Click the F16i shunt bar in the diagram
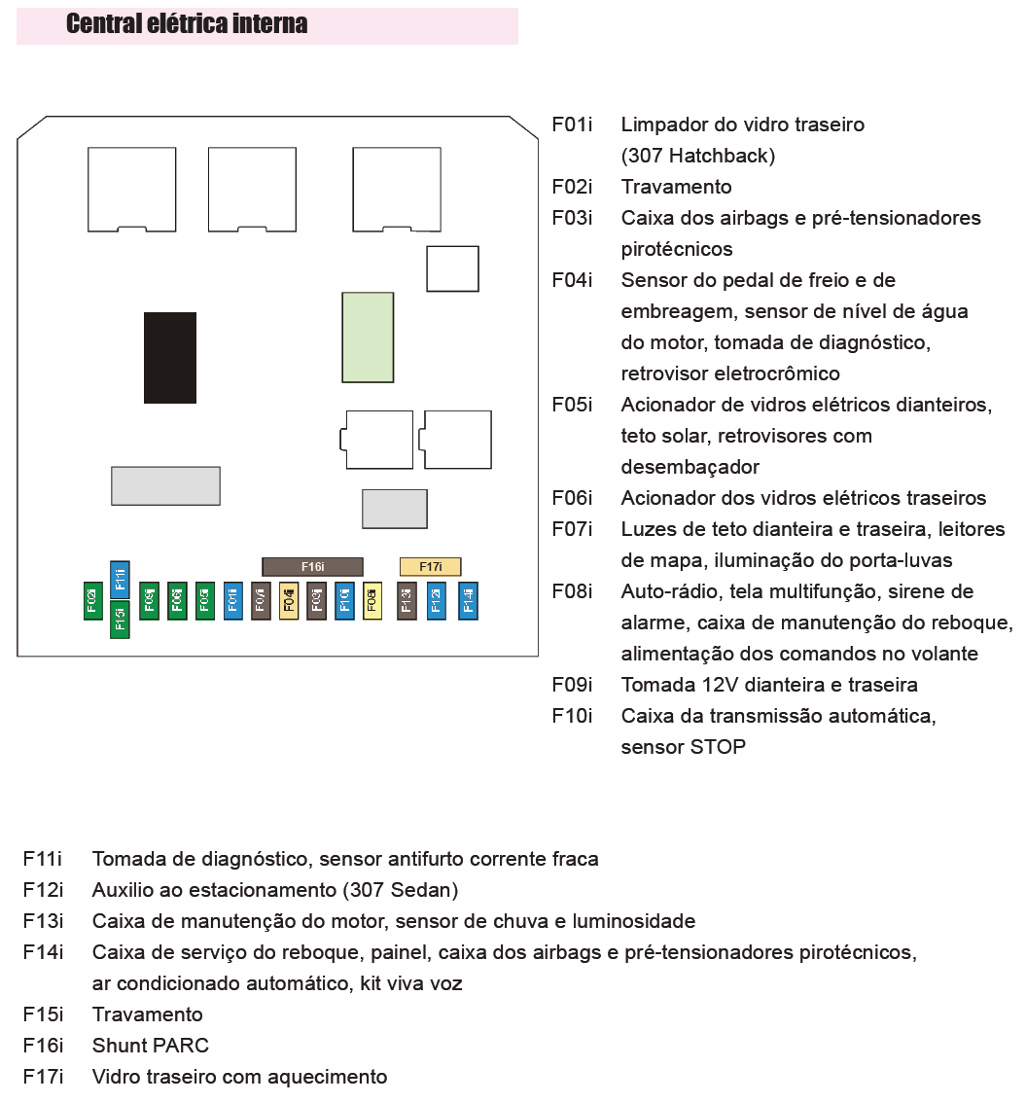[x=312, y=566]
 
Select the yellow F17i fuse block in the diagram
[x=430, y=566]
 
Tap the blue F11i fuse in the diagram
[x=120, y=580]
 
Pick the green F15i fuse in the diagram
[x=120, y=620]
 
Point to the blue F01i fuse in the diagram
[x=232, y=600]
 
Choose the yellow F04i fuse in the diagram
[x=289, y=600]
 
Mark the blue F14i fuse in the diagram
[x=468, y=600]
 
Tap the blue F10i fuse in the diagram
[x=344, y=600]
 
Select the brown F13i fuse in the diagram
[x=407, y=600]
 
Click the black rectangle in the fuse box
[x=170, y=357]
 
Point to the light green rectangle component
[x=368, y=338]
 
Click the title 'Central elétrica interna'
[x=187, y=24]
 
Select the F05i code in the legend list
[x=572, y=405]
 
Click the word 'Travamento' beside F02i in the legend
[x=676, y=187]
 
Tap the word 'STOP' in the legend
[x=719, y=747]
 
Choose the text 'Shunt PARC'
[x=150, y=1046]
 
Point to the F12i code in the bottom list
[x=43, y=890]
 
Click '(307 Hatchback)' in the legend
[x=698, y=156]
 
